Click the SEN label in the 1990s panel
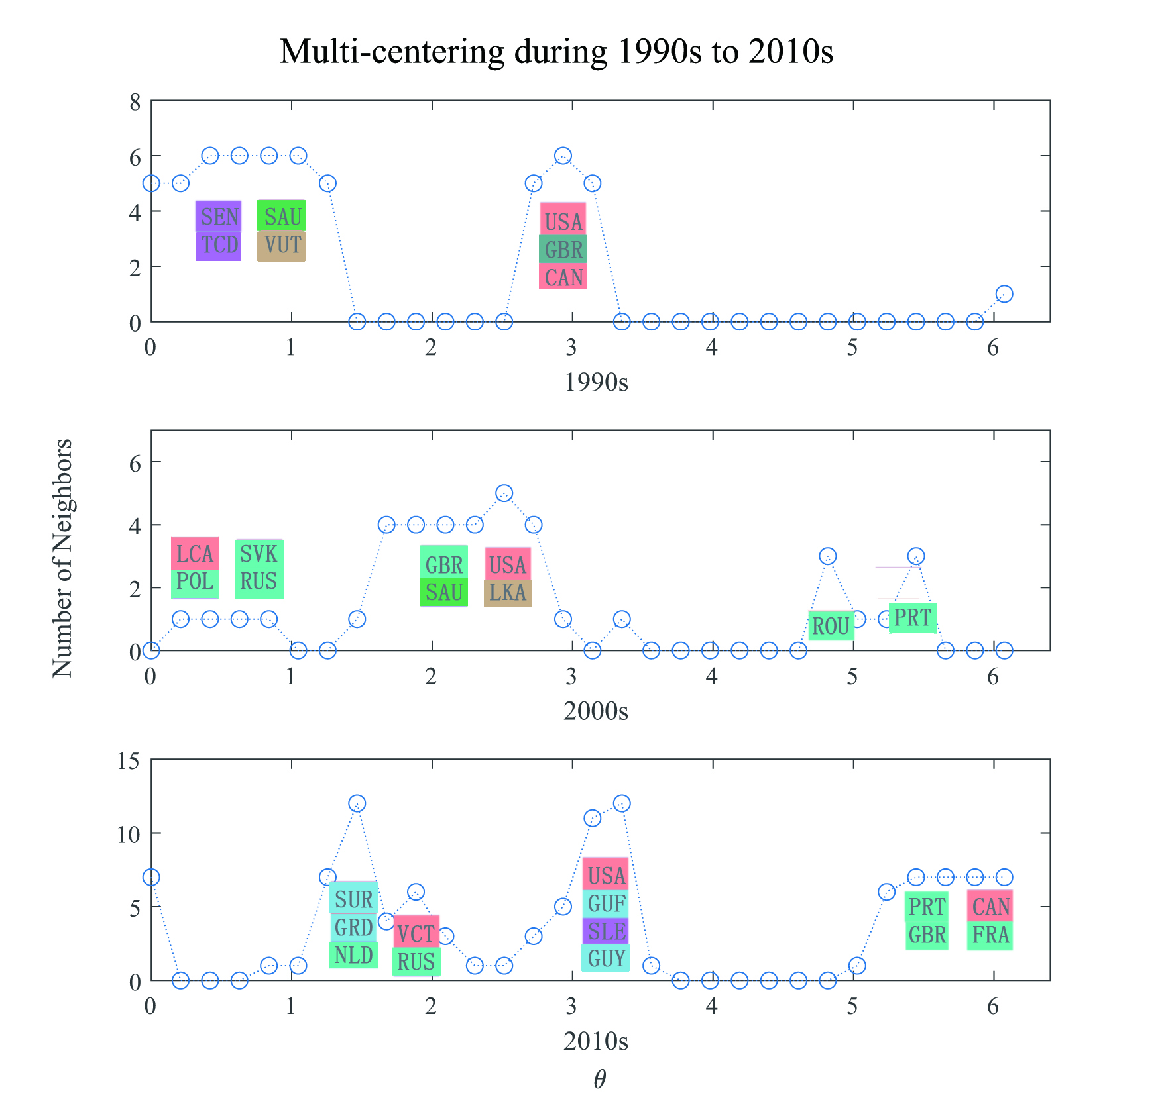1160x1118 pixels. [219, 217]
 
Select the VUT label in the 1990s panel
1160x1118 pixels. [282, 245]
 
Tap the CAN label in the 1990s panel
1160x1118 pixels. [563, 277]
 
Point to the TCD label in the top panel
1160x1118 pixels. [219, 245]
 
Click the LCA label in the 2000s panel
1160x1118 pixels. [195, 554]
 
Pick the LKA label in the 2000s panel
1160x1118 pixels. [508, 592]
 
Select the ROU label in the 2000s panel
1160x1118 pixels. [831, 625]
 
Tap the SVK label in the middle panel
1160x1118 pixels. [259, 554]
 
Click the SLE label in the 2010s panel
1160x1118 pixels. [606, 931]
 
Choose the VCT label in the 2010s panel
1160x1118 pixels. [416, 934]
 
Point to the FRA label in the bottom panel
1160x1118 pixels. [990, 935]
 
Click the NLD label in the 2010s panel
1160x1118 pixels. [353, 955]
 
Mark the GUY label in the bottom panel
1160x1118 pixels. [606, 958]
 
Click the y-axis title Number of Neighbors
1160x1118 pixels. [62, 558]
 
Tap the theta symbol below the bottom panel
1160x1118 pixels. [599, 1080]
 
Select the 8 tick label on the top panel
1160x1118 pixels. [135, 102]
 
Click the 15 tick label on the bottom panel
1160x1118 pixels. [129, 761]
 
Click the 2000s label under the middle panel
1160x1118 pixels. [595, 711]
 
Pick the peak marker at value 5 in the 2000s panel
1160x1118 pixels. [504, 493]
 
